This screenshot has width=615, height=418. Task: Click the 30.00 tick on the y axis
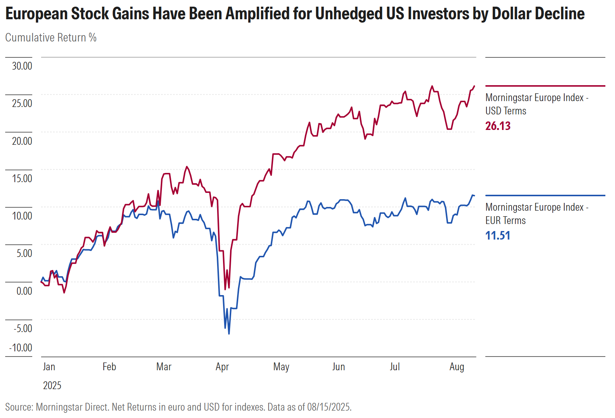pos(22,66)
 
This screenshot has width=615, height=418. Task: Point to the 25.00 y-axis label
pos(22,103)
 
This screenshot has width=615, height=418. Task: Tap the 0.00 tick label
pos(24,291)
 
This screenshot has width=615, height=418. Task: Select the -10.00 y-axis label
pos(21,348)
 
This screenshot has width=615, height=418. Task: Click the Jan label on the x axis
pos(49,367)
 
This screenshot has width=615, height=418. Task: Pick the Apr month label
pos(222,367)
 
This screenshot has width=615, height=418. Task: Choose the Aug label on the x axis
pos(457,367)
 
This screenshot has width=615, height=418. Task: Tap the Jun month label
pos(339,367)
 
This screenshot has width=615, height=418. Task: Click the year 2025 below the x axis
pos(52,385)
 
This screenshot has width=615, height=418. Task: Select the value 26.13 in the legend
pos(498,126)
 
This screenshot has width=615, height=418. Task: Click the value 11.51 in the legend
pos(498,235)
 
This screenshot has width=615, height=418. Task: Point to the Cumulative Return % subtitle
pos(51,37)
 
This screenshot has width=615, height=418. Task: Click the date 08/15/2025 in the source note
pos(329,407)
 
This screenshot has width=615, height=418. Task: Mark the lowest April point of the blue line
pos(229,334)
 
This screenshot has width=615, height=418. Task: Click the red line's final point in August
pos(474,86)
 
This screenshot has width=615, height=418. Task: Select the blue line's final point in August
pos(474,195)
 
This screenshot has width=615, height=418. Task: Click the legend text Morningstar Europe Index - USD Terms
pos(537,104)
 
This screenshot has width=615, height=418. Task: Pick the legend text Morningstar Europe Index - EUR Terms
pos(537,214)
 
